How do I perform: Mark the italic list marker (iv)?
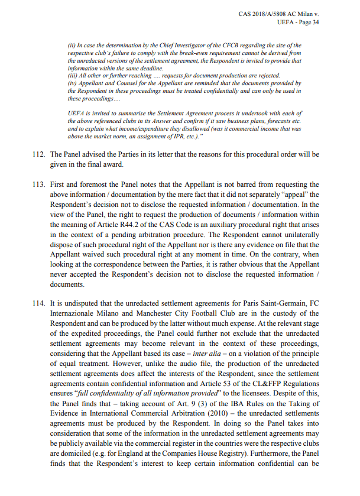(x=73, y=83)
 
